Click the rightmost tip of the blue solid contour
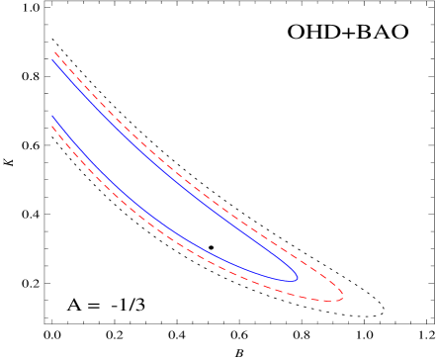tap(298, 278)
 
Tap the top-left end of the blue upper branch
tap(52, 59)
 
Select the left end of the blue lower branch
tap(52, 116)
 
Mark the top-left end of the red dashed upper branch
tap(55, 51)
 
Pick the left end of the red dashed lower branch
tap(52, 127)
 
